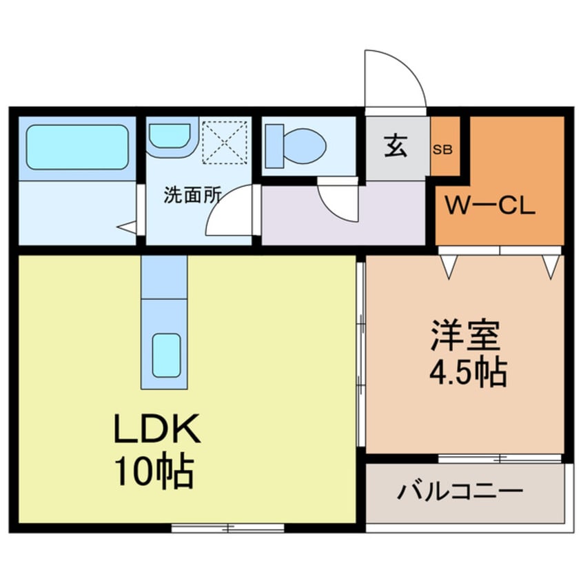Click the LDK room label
[x=157, y=432]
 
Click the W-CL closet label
[x=490, y=205]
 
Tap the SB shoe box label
[x=442, y=149]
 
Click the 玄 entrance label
[x=396, y=147]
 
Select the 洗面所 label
[x=192, y=194]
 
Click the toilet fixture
[x=296, y=145]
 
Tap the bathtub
[x=77, y=146]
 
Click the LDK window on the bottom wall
[x=227, y=528]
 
